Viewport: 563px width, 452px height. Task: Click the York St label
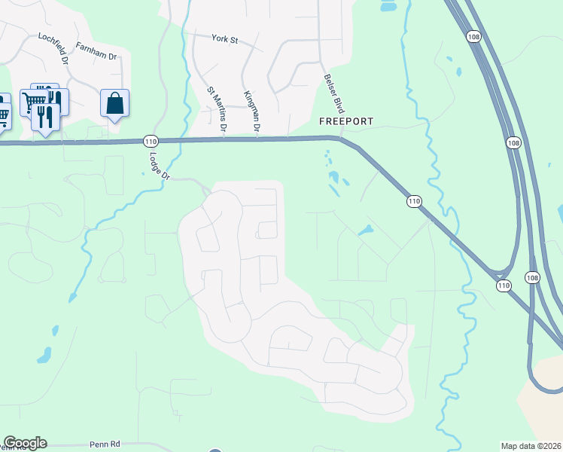click(224, 38)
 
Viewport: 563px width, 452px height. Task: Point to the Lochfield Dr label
click(54, 47)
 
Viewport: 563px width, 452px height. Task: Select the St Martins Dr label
click(217, 109)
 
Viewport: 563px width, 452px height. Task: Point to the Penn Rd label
click(105, 444)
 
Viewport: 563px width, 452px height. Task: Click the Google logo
click(25, 443)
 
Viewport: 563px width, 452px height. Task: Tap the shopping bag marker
click(114, 103)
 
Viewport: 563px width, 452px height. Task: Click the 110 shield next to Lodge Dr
click(150, 141)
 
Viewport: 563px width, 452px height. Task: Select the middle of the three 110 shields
click(414, 201)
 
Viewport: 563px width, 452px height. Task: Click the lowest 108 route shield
click(532, 277)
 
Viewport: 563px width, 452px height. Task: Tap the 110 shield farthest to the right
click(503, 286)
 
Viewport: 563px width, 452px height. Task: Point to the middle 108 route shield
click(513, 142)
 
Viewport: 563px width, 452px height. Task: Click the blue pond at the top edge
click(388, 6)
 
